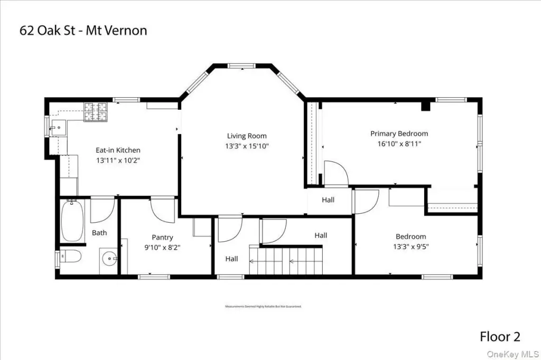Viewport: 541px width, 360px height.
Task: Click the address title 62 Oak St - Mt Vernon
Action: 83,30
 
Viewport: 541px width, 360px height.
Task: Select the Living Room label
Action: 247,136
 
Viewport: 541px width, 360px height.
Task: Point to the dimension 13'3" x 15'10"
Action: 247,146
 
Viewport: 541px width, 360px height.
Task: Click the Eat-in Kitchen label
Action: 118,150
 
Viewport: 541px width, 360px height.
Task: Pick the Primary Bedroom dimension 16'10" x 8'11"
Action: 399,144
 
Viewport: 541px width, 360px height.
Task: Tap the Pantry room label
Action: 162,238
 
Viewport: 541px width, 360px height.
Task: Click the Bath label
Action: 99,232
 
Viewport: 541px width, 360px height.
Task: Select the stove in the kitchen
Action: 96,112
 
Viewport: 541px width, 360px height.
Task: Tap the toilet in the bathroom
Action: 69,258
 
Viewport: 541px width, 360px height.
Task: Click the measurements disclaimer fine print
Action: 263,306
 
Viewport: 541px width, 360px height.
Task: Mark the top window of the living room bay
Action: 241,66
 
